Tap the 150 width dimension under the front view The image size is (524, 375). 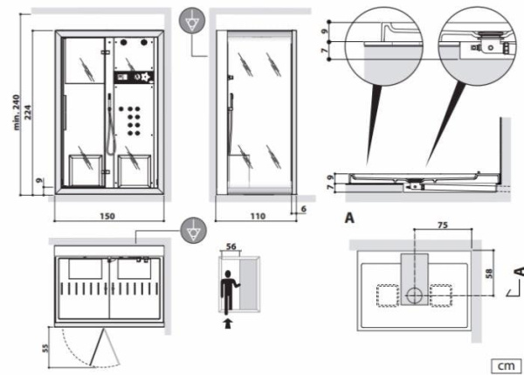[108, 214]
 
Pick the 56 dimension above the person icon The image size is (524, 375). [231, 247]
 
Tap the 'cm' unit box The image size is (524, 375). [504, 363]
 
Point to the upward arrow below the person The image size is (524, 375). [229, 323]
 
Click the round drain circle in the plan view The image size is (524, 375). [416, 295]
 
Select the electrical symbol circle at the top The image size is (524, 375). [189, 21]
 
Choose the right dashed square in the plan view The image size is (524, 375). [445, 295]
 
